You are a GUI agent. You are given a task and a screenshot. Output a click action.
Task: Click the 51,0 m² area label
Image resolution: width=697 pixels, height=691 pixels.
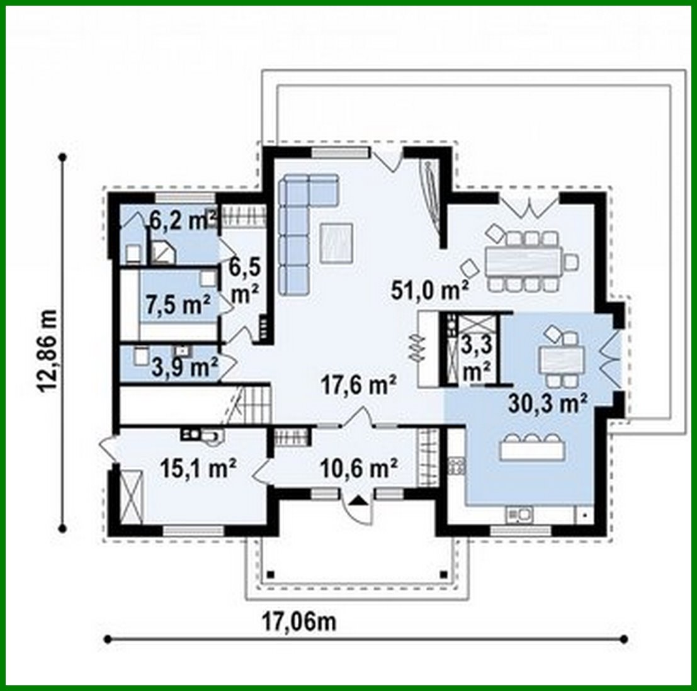(429, 290)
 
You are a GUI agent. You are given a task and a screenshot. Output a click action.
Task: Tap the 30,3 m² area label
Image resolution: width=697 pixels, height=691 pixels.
(548, 402)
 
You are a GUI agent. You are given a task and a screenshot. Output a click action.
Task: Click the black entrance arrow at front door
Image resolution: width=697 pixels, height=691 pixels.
(358, 501)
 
